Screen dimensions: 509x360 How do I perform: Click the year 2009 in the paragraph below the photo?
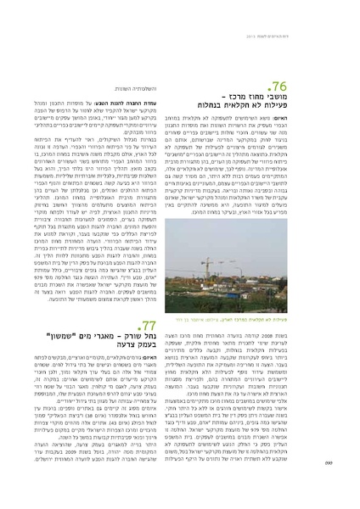coord(302,337)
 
